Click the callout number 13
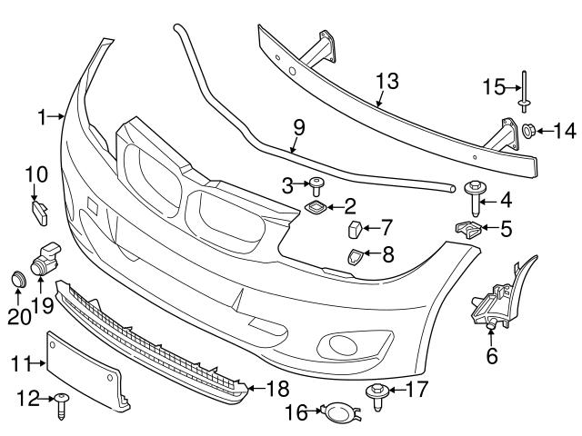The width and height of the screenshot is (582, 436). pyautogui.click(x=386, y=82)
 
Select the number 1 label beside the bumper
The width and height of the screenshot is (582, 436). pyautogui.click(x=42, y=116)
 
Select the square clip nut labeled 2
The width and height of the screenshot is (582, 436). pyautogui.click(x=316, y=211)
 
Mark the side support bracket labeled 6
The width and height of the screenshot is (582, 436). pyautogui.click(x=494, y=300)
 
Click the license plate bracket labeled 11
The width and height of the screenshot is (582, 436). pyautogui.click(x=86, y=372)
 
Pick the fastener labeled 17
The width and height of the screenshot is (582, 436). pyautogui.click(x=375, y=392)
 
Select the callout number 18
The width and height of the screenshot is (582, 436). pyautogui.click(x=276, y=388)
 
